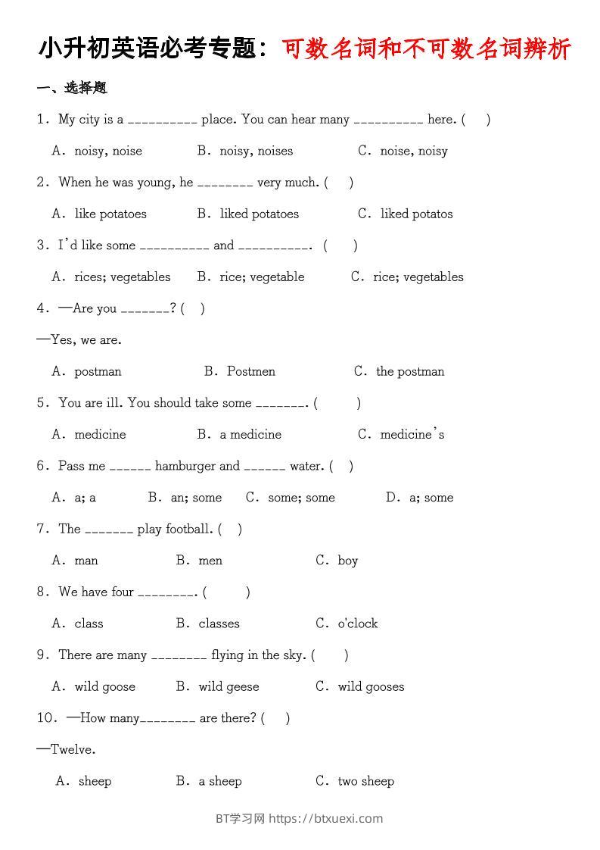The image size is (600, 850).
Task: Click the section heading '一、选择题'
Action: [72, 88]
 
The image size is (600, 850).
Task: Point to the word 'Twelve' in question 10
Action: [73, 749]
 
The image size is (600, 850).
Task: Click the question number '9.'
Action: [44, 655]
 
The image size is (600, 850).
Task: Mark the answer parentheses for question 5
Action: [337, 403]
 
